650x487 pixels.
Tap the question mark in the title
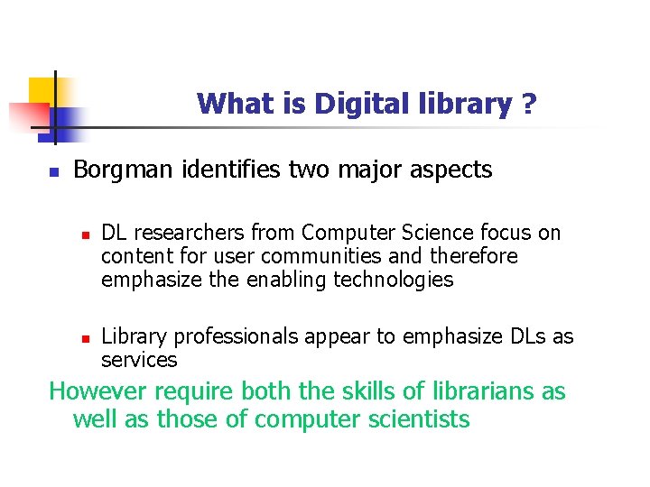528,105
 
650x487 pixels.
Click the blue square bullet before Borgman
53,171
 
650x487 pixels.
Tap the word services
139,360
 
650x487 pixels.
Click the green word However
98,392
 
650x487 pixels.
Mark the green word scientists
419,419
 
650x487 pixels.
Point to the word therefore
476,257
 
